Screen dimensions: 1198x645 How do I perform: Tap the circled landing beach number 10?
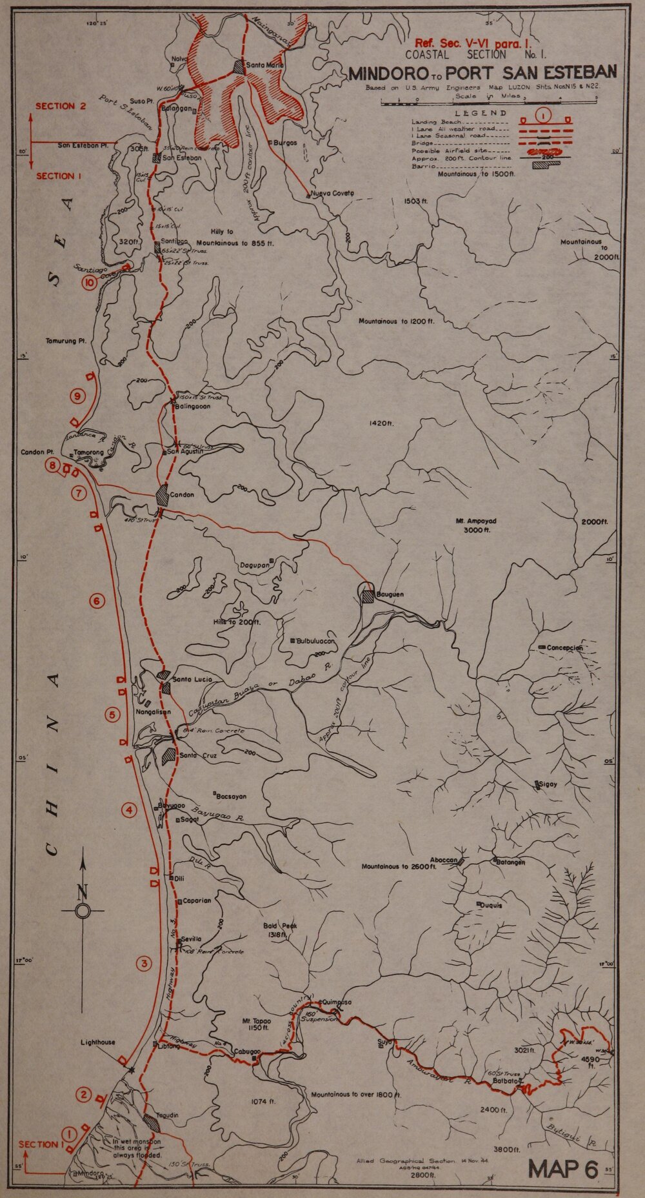[x=89, y=282]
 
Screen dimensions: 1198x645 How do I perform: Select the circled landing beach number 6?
[x=97, y=602]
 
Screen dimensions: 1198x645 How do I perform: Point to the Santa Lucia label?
[x=193, y=680]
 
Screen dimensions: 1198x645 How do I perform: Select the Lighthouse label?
[x=98, y=1042]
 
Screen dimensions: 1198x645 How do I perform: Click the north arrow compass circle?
[x=83, y=911]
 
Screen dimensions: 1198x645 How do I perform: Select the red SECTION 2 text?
[x=61, y=107]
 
